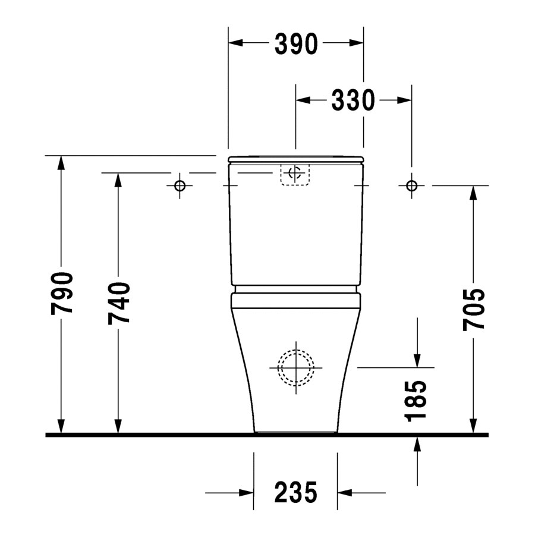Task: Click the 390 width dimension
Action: click(296, 43)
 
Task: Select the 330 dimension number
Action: click(353, 100)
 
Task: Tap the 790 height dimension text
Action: click(62, 294)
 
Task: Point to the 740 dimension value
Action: click(119, 303)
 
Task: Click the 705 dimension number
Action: click(474, 310)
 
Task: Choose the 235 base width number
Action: click(296, 492)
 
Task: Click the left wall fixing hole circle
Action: click(180, 186)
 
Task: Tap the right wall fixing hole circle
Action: click(412, 186)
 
